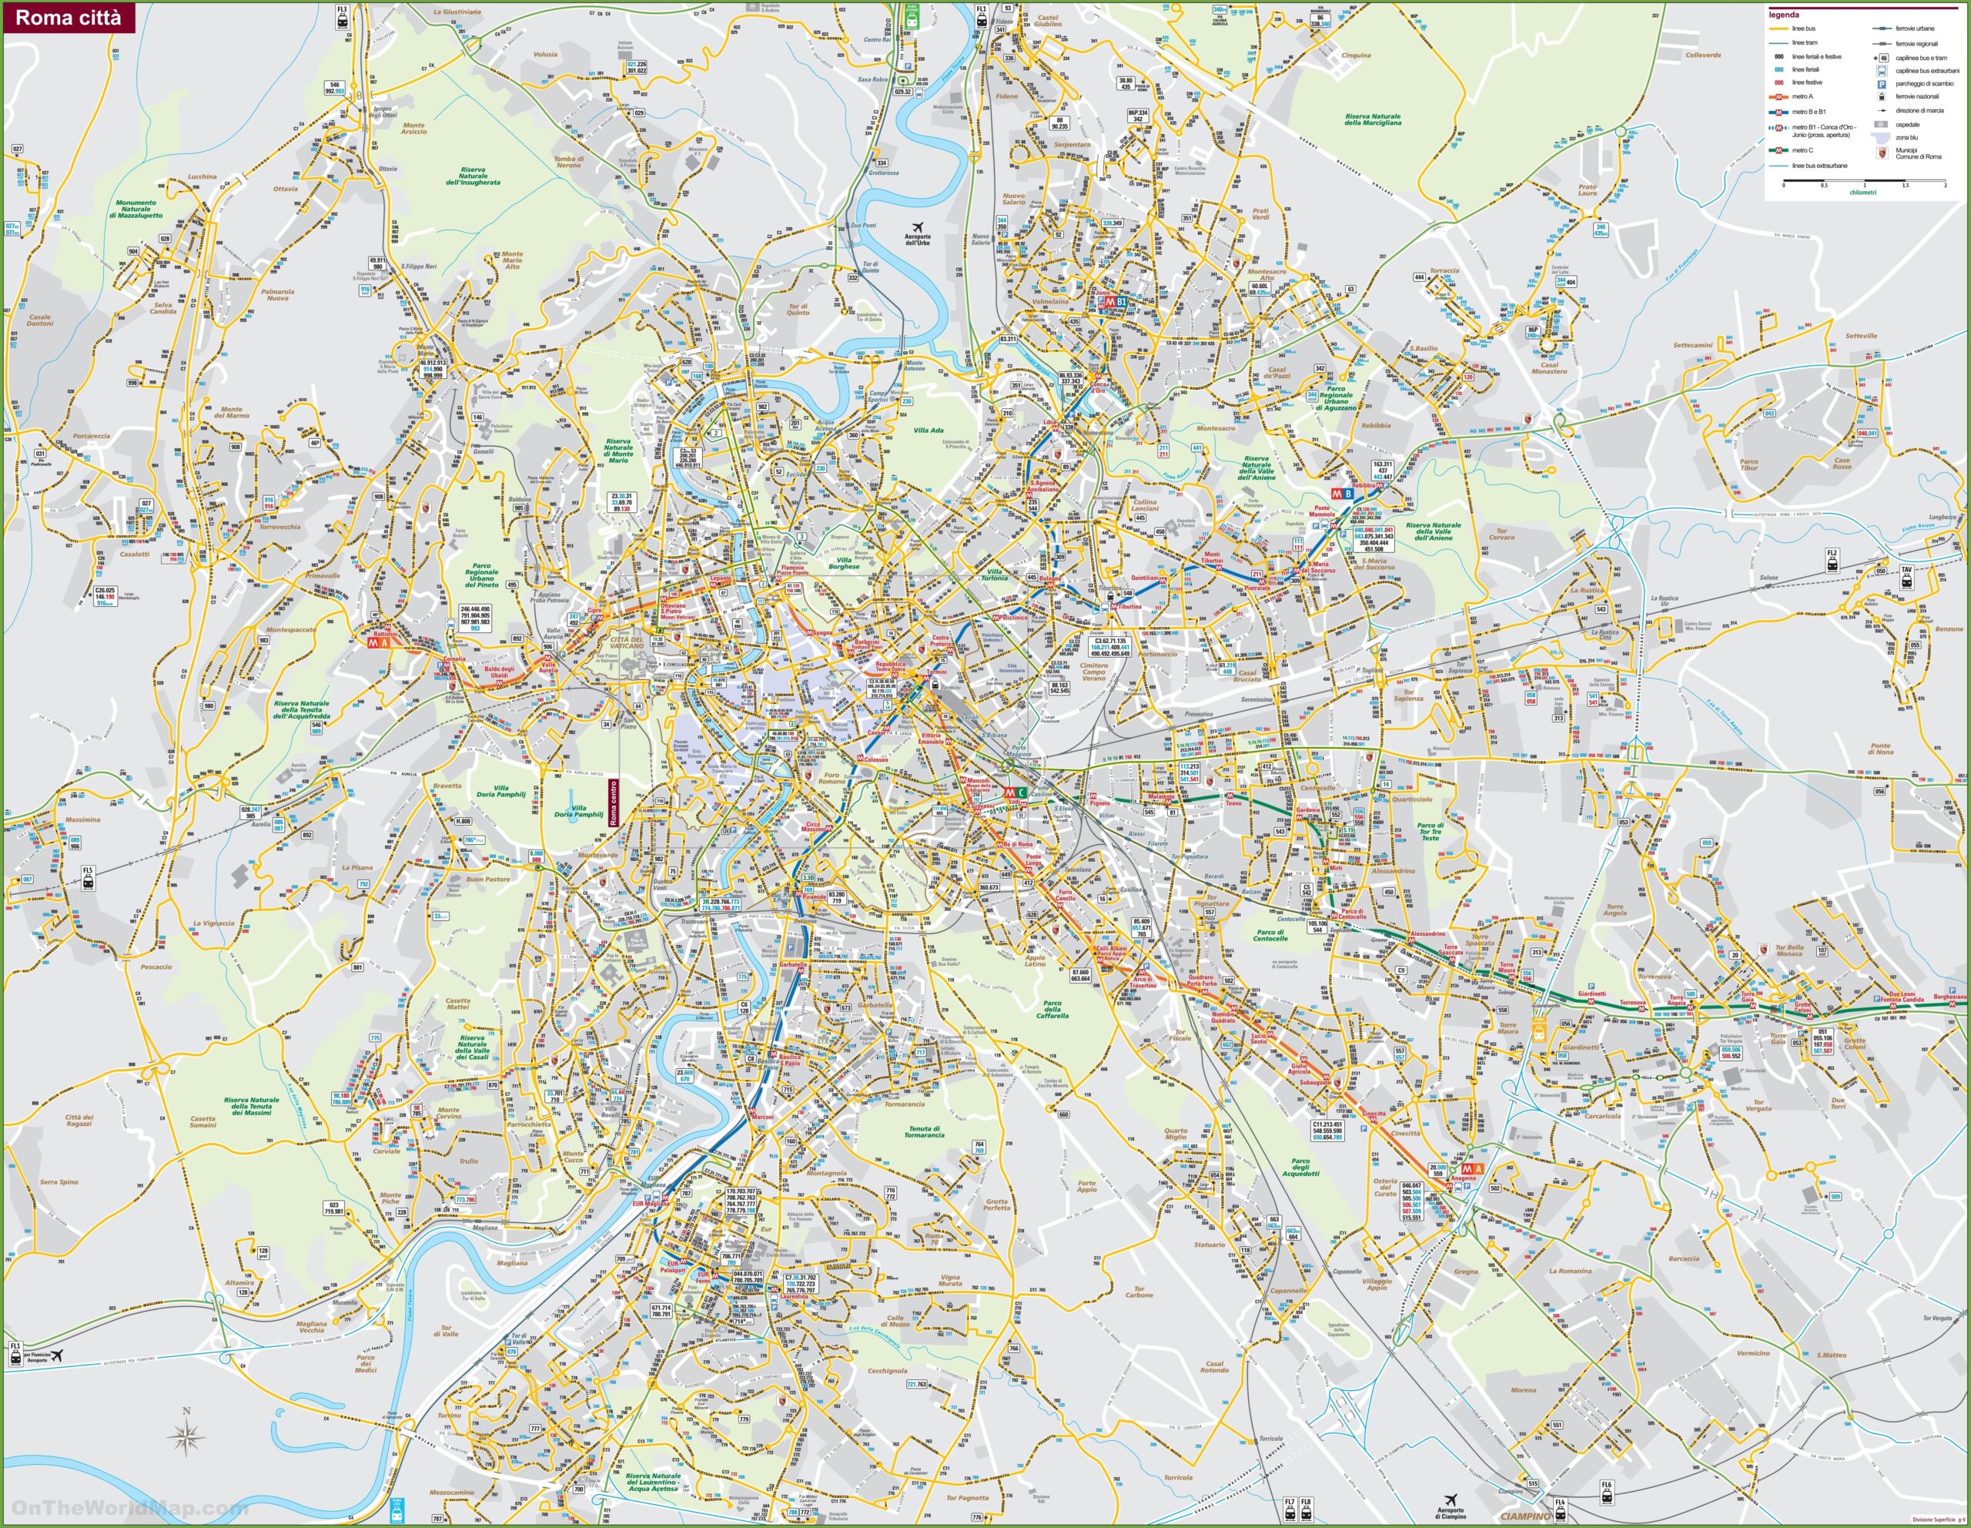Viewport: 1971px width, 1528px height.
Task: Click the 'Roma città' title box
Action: coord(69,17)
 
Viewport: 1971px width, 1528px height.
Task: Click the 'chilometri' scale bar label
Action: coord(1862,193)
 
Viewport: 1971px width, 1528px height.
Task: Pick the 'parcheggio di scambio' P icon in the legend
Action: coord(1882,83)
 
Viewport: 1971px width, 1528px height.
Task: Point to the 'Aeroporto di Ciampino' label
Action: coord(1453,1512)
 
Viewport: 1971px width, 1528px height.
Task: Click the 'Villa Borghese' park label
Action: coord(844,563)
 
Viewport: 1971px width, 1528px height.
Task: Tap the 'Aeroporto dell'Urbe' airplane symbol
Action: coord(918,226)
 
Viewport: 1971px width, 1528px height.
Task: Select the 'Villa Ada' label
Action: coord(927,431)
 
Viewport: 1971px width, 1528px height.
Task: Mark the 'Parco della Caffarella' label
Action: coord(1052,1009)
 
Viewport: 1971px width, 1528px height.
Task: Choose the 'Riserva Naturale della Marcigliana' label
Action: coord(1373,119)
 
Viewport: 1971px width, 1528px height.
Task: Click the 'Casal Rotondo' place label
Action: coord(1214,1366)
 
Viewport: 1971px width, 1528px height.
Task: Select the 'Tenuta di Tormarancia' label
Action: coord(924,1131)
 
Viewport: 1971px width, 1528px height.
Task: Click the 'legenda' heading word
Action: coord(1783,15)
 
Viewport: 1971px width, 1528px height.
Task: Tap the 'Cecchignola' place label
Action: coord(887,1370)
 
